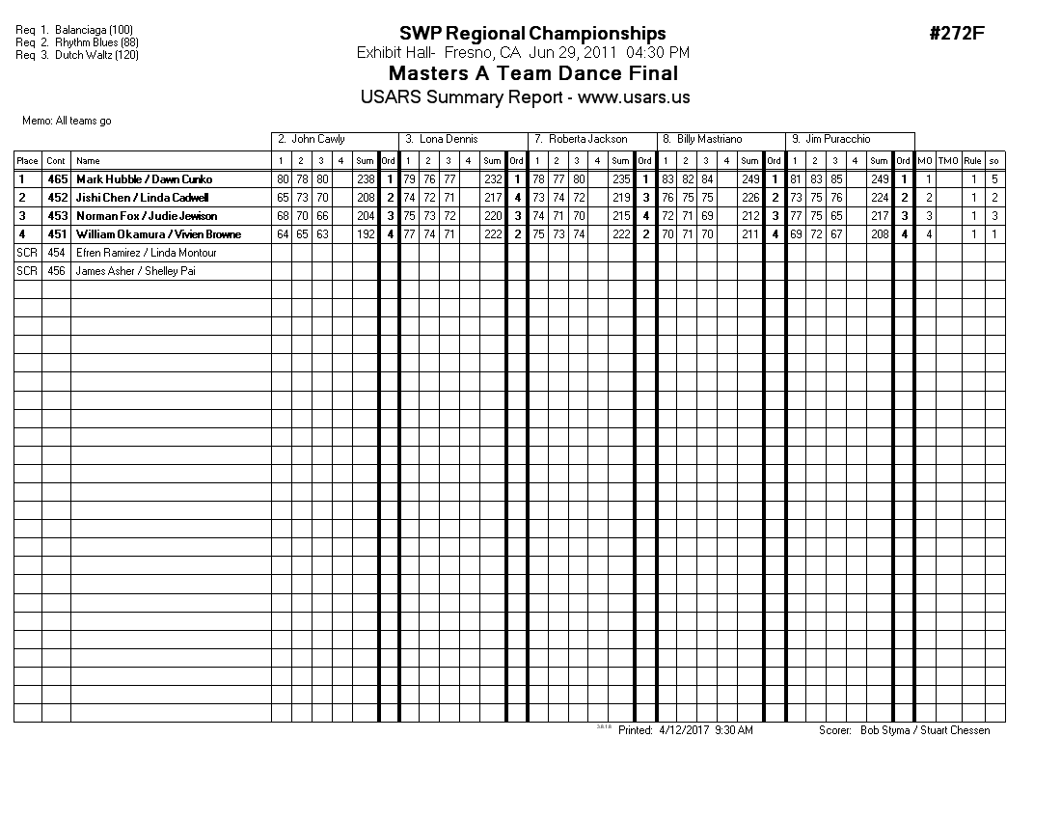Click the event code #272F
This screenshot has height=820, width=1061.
(x=956, y=34)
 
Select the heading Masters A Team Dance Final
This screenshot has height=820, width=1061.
(x=532, y=74)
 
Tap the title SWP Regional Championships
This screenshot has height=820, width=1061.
(x=532, y=35)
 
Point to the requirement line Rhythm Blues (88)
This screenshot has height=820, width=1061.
(x=96, y=42)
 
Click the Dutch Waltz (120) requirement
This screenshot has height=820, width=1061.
(x=96, y=55)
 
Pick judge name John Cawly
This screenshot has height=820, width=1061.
(x=317, y=140)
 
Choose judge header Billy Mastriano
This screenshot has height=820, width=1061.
(x=709, y=140)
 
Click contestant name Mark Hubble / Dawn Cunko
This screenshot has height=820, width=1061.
(x=144, y=179)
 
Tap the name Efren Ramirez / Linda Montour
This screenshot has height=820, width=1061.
(x=146, y=253)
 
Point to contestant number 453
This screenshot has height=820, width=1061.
(x=57, y=216)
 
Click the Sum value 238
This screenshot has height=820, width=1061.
(x=365, y=179)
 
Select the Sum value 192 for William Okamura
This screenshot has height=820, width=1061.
(x=365, y=234)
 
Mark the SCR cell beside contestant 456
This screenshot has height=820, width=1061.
(x=27, y=271)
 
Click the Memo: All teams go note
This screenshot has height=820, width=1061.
(x=67, y=122)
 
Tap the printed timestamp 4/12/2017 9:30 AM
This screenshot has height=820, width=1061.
(x=705, y=730)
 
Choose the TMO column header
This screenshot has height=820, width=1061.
(x=949, y=161)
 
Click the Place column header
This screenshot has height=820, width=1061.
(x=27, y=161)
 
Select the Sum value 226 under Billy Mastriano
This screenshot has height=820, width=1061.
(x=750, y=198)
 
